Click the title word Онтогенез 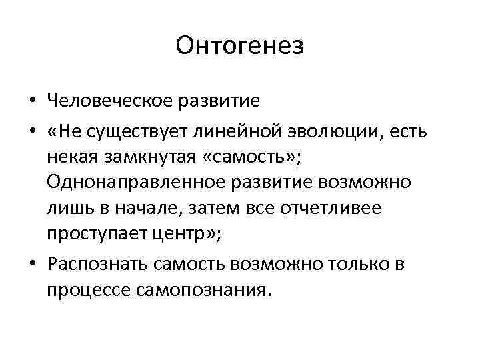(x=240, y=46)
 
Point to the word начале (x=143, y=209)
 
